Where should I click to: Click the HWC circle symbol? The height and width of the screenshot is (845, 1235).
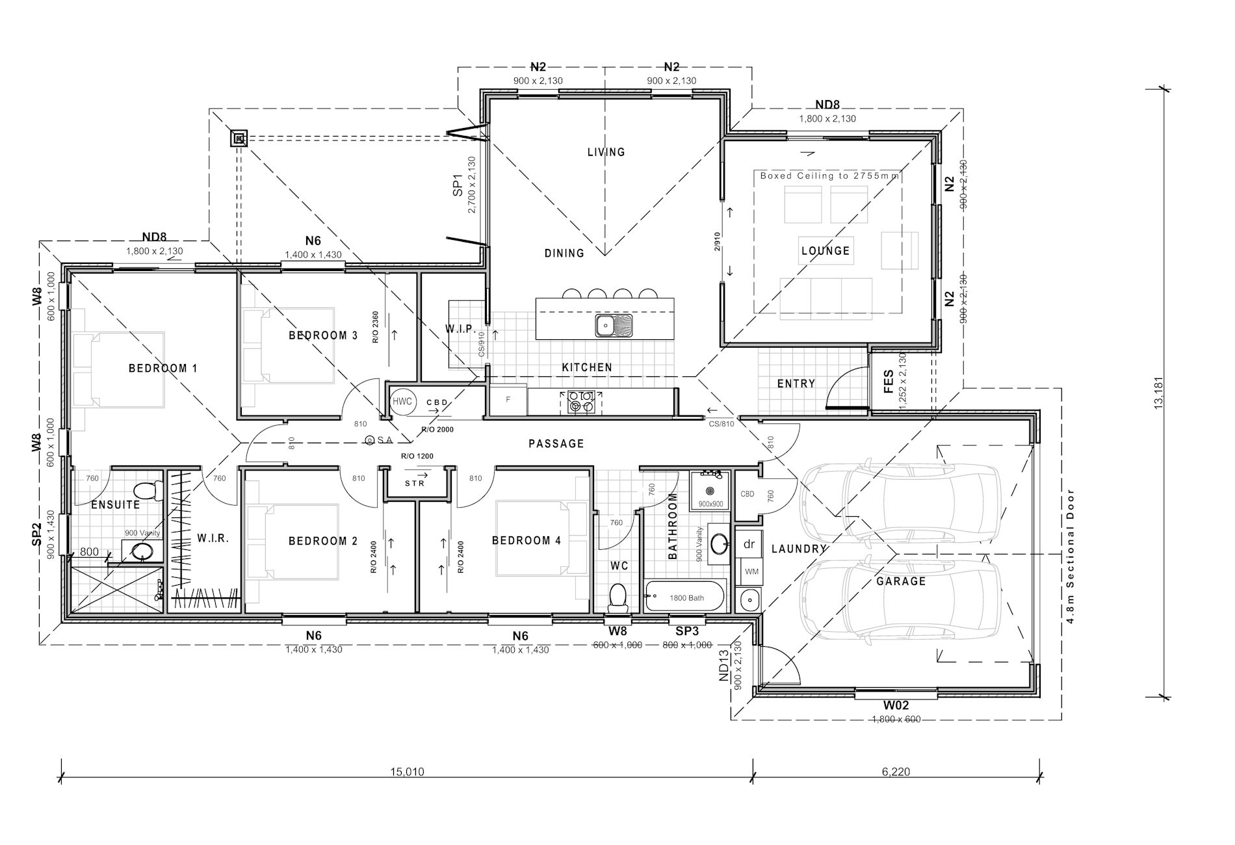coord(402,402)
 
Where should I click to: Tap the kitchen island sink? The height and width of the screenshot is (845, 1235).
coord(614,325)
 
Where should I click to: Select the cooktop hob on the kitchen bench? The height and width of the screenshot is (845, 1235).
coord(580,401)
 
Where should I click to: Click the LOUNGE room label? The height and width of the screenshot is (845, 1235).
coord(825,251)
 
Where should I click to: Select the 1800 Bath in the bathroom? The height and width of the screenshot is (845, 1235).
coord(685,597)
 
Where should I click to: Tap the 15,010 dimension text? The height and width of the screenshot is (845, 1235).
coord(407,772)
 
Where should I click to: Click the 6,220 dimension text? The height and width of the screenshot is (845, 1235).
coord(896,772)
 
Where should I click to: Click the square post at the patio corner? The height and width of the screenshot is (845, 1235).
coord(240,138)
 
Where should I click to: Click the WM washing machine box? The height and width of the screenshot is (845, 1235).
coord(751,571)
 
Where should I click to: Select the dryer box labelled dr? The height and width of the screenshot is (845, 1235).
coord(749,544)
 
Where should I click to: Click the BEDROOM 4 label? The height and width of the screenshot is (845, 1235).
coord(526,541)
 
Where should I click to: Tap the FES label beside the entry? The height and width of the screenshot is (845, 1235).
coord(889,382)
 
